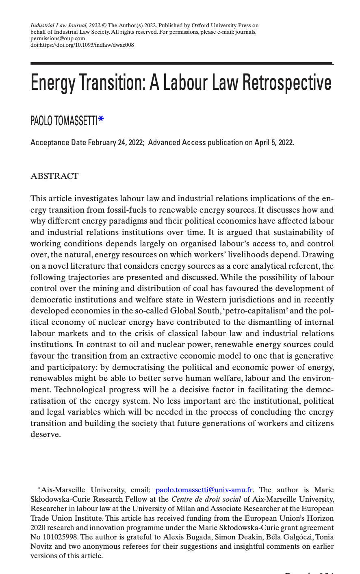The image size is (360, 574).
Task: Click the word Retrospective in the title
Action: point(287,83)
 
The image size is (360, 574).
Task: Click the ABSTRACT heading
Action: point(54,176)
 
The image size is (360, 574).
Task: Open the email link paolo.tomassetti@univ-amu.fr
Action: point(204,490)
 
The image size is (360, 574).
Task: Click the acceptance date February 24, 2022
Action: point(116,143)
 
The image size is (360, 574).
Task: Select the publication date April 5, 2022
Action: point(274,143)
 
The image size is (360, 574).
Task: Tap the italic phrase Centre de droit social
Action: point(206,499)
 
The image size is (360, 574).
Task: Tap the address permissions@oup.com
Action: point(58,39)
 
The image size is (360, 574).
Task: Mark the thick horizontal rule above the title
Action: point(181,63)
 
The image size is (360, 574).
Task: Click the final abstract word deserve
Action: point(46,434)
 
